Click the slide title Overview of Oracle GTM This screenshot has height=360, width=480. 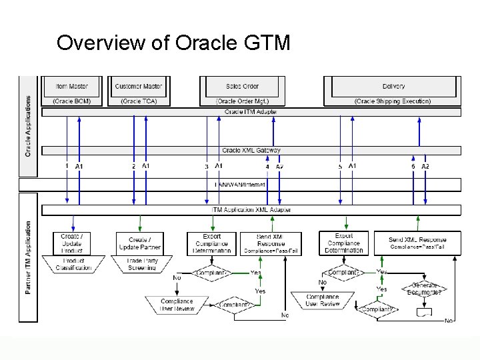pyautogui.click(x=173, y=43)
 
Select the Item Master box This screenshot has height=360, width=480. pyautogui.click(x=71, y=87)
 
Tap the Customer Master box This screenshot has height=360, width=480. pyautogui.click(x=138, y=87)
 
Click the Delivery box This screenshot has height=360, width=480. pyautogui.click(x=393, y=87)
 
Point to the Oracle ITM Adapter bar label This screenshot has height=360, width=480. pyautogui.click(x=251, y=112)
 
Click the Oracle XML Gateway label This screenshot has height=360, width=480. pyautogui.click(x=251, y=151)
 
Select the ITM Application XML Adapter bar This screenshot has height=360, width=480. pyautogui.click(x=251, y=210)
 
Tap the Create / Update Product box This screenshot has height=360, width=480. pyautogui.click(x=72, y=243)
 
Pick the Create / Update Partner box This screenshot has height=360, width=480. pyautogui.click(x=139, y=243)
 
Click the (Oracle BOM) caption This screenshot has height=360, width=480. pyautogui.click(x=71, y=101)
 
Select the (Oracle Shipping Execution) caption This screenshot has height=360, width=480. pyautogui.click(x=393, y=101)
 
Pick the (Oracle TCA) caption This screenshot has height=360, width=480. pyautogui.click(x=138, y=101)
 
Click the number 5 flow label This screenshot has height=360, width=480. pyautogui.click(x=340, y=166)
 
